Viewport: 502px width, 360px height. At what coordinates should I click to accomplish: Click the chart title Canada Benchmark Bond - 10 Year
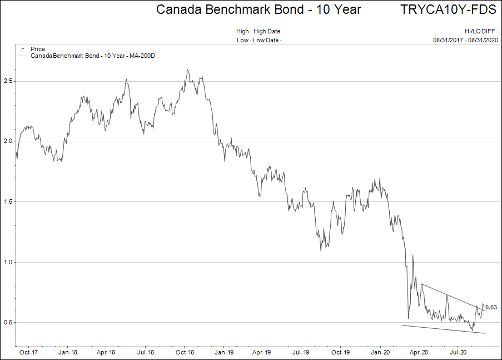tap(259, 9)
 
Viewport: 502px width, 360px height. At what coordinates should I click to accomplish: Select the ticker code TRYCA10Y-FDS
tap(448, 9)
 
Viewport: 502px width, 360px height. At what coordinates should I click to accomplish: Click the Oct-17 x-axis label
tap(28, 352)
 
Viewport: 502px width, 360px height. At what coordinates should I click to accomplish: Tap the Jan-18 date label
tap(67, 352)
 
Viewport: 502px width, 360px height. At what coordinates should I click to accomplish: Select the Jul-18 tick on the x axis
tap(145, 352)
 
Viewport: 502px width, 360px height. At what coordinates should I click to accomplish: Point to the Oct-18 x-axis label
tap(185, 352)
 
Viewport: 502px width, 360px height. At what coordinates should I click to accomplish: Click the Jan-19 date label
tap(223, 352)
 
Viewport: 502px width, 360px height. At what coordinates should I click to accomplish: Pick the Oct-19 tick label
tap(340, 352)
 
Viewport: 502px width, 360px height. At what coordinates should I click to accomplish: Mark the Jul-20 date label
tap(458, 352)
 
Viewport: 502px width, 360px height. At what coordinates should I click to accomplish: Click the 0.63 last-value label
tap(491, 307)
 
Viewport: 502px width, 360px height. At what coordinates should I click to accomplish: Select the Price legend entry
tap(38, 49)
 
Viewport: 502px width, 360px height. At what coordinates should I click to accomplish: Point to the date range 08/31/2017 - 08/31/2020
tap(466, 40)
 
